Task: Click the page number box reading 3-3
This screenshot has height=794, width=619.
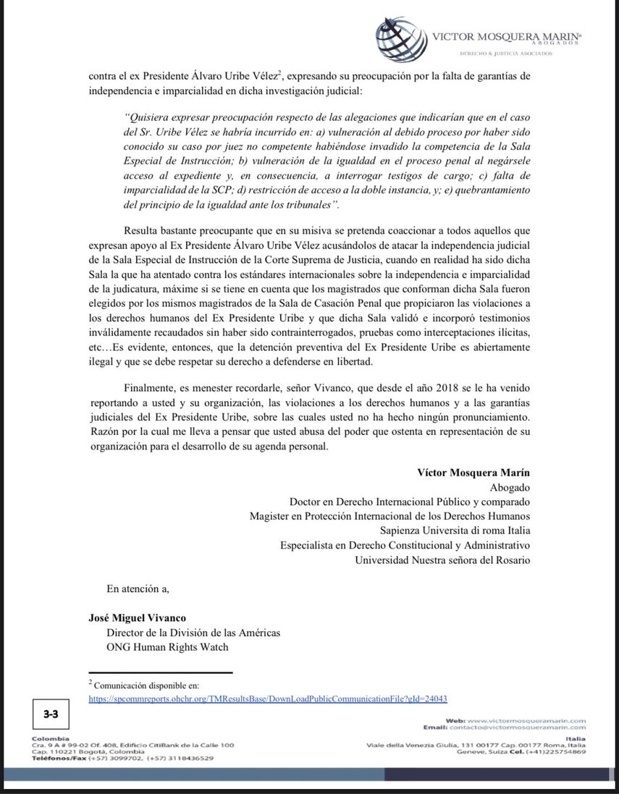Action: [x=51, y=714]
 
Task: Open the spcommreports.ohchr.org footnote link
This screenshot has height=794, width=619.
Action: [x=267, y=698]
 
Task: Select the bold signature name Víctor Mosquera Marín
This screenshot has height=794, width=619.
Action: [x=473, y=472]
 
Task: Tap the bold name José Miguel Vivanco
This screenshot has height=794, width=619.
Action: [x=137, y=617]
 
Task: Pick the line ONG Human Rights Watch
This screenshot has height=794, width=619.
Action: [x=167, y=646]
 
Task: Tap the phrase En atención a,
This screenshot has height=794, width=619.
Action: [x=138, y=588]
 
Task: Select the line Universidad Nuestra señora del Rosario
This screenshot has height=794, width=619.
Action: [x=442, y=559]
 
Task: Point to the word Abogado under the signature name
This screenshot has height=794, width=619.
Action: [x=510, y=487]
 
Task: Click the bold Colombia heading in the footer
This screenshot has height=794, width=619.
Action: [x=46, y=738]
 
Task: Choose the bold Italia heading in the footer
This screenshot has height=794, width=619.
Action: [x=576, y=738]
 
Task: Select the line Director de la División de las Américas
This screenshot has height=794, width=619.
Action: [x=193, y=632]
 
